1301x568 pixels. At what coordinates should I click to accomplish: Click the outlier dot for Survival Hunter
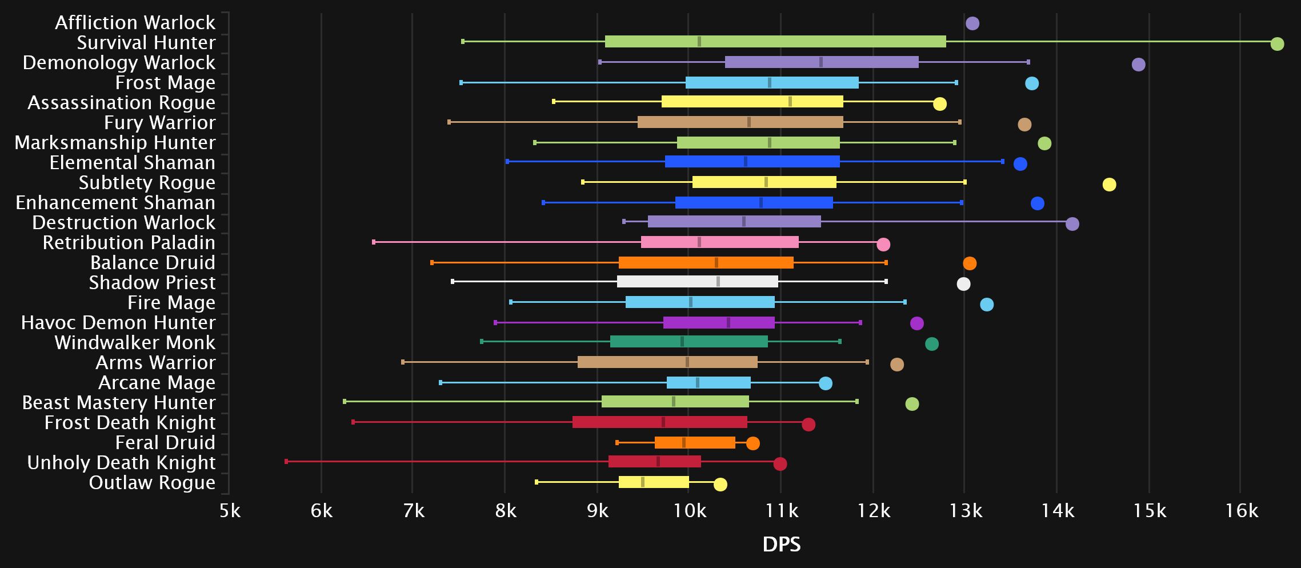(x=1277, y=44)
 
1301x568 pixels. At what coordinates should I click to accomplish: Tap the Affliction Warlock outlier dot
(x=972, y=23)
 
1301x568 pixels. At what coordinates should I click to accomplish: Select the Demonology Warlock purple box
(x=822, y=62)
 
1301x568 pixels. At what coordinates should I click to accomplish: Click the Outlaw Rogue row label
(x=152, y=483)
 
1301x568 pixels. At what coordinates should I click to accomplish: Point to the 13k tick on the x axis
(x=965, y=510)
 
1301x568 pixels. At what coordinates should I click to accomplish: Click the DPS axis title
(x=781, y=545)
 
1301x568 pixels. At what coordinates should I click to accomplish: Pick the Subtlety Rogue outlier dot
(x=1109, y=185)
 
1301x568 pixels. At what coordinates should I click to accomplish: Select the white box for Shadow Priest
(x=697, y=282)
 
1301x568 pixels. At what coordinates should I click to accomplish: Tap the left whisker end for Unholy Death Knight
(x=286, y=461)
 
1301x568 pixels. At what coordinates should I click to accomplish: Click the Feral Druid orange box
(x=695, y=443)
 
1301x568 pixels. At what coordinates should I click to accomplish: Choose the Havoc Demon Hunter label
(x=118, y=323)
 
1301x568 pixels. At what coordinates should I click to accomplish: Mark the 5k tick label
(x=230, y=510)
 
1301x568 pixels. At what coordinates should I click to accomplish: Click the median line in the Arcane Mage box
(x=698, y=383)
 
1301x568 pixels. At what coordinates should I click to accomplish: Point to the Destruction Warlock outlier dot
(x=1072, y=224)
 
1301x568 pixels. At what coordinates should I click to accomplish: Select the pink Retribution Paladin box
(x=719, y=242)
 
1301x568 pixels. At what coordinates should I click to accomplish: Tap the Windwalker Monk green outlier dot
(x=931, y=344)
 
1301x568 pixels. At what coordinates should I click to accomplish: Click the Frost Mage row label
(x=165, y=83)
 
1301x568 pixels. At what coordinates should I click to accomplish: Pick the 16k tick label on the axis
(x=1241, y=510)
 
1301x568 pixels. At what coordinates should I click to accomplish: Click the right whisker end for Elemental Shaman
(x=1002, y=162)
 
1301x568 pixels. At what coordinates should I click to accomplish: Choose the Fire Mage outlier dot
(x=987, y=305)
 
